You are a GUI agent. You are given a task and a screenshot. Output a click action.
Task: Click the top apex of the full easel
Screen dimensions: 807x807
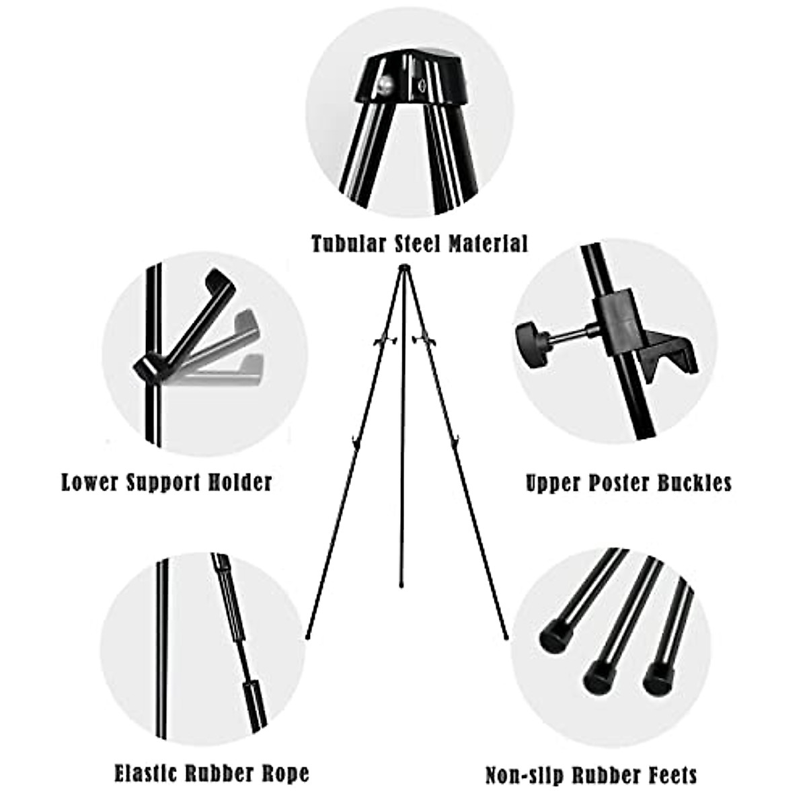pyautogui.click(x=403, y=268)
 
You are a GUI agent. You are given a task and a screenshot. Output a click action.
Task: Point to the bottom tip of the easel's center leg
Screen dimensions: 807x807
pyautogui.click(x=402, y=586)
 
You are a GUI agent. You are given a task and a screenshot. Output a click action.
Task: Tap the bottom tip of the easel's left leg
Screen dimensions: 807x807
pyautogui.click(x=307, y=636)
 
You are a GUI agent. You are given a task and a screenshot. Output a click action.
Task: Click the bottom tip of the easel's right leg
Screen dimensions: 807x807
pyautogui.click(x=506, y=636)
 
